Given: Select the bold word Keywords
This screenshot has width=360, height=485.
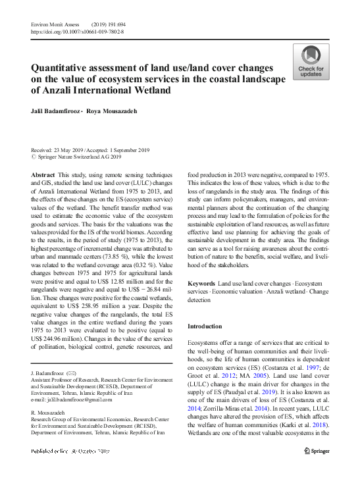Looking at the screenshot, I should (201, 283).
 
